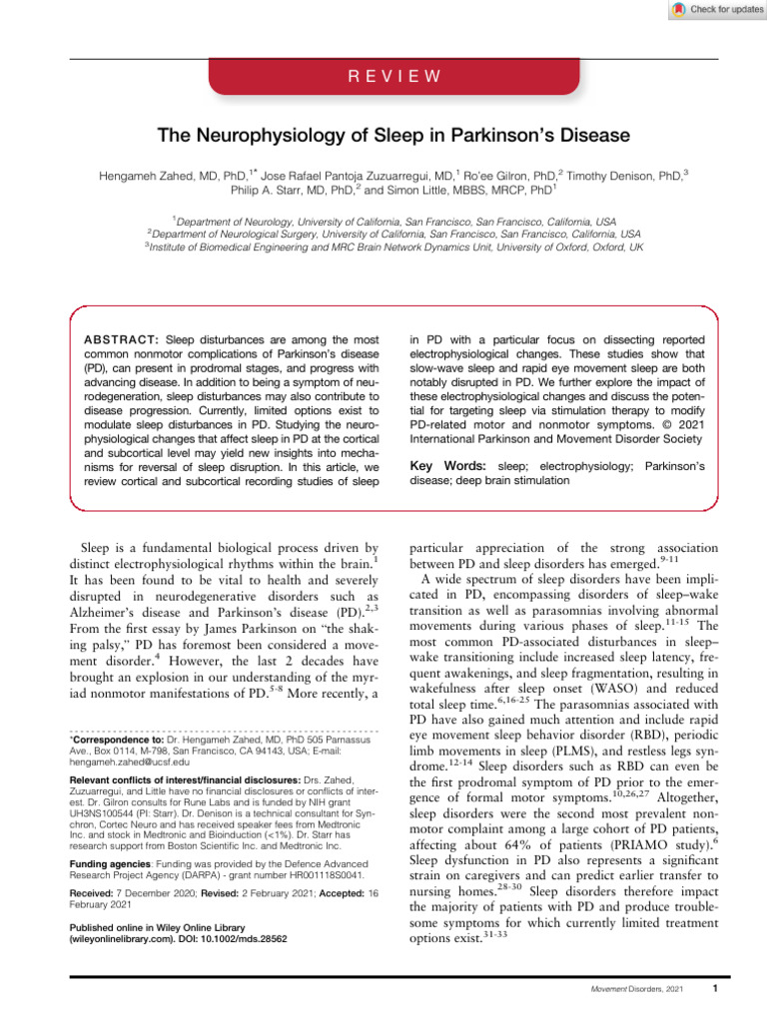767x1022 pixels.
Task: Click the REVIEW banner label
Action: tap(383, 74)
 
